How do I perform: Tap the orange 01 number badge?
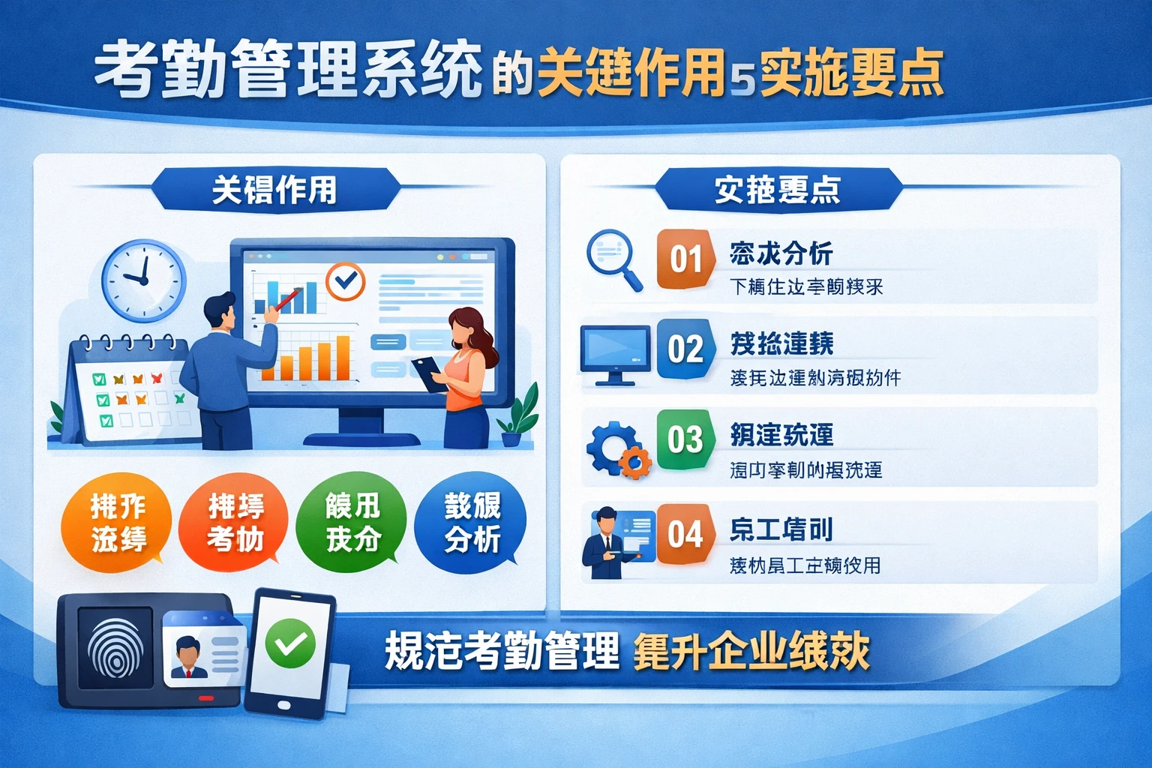(685, 259)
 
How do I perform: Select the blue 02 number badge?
(685, 349)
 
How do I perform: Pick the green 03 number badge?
(685, 439)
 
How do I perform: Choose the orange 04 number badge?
(685, 534)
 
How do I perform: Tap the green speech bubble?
(352, 522)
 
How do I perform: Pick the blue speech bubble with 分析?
(471, 522)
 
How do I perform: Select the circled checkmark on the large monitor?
(345, 281)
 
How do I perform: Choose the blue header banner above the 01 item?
(777, 190)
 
